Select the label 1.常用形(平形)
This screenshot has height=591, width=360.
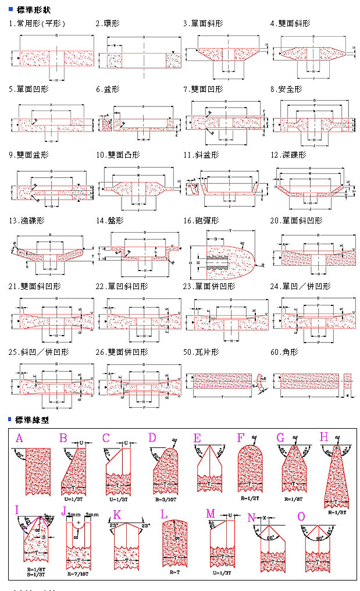[37, 23]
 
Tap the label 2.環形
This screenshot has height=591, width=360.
[108, 23]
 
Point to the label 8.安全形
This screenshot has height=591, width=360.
[286, 89]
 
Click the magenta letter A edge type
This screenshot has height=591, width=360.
[20, 437]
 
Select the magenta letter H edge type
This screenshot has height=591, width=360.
[324, 437]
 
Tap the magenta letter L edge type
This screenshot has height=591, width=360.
[164, 514]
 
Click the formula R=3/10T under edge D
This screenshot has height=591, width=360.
[165, 498]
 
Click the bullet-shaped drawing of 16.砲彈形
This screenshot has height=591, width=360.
[227, 256]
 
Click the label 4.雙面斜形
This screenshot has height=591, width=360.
[290, 23]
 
